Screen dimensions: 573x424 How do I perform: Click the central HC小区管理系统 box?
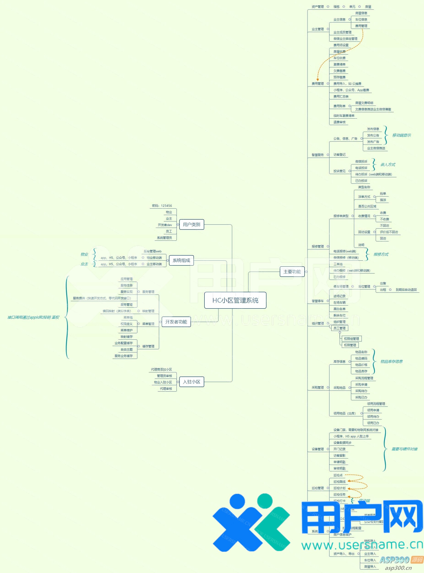coord(235,300)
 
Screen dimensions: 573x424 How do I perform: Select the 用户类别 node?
coord(191,224)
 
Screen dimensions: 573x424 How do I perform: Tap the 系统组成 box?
coord(181,260)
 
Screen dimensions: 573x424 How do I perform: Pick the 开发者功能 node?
coord(176,322)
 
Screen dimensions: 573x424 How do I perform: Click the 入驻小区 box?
coord(191,382)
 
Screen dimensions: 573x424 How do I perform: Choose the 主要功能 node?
coord(292,272)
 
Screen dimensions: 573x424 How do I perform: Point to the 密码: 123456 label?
coord(162,206)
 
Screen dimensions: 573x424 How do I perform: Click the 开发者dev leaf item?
coord(165,225)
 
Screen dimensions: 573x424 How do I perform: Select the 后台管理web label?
coord(152,251)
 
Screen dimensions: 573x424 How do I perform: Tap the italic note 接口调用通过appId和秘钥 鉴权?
coord(33,317)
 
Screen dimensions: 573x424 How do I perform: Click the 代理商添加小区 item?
coord(161,369)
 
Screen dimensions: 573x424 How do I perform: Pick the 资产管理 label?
coord(318,7)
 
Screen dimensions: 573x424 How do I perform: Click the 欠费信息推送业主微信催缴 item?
coord(373,109)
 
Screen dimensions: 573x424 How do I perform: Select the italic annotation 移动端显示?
coord(401,135)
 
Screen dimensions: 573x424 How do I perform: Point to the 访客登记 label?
coord(339,155)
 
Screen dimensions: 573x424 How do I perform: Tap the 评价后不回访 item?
coord(389,232)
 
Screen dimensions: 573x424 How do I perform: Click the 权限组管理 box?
coord(351,339)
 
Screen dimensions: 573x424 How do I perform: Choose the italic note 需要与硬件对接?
coord(404,449)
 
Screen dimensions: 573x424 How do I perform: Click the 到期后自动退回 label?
coord(406,290)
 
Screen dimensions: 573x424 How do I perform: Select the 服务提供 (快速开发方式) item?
coord(102,298)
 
